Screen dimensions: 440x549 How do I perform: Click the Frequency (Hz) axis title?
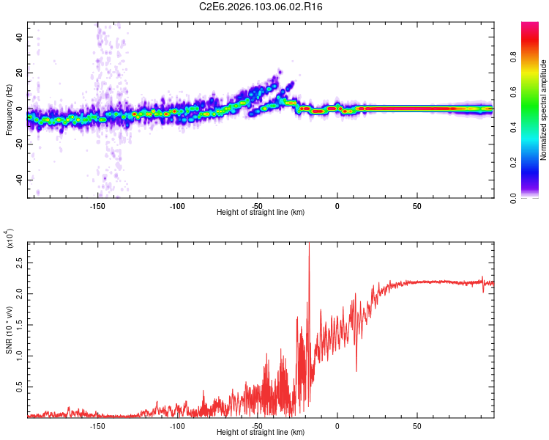9,110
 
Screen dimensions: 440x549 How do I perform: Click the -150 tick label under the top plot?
97,206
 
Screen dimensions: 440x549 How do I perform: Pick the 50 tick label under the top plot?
417,206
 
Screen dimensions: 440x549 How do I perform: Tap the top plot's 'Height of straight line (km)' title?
261,213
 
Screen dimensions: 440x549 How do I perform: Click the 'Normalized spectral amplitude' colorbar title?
544,110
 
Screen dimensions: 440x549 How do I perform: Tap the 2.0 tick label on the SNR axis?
19,293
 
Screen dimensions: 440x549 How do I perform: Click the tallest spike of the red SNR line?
309,244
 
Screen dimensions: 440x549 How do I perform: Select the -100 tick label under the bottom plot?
177,426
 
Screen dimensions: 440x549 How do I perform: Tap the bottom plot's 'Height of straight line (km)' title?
261,433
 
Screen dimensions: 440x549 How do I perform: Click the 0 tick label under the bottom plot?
337,426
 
